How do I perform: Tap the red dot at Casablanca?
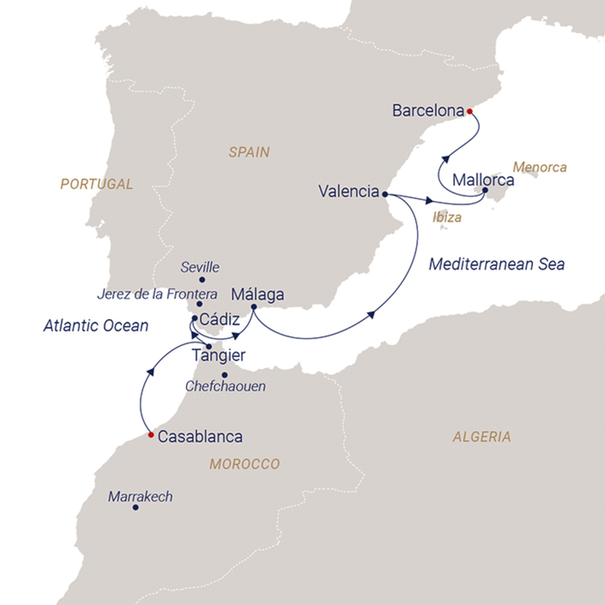pyautogui.click(x=151, y=436)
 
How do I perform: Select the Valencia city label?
pyautogui.click(x=348, y=192)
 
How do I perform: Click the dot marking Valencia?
pyautogui.click(x=385, y=194)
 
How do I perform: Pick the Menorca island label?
pyautogui.click(x=540, y=168)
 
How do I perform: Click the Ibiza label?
pyautogui.click(x=447, y=217)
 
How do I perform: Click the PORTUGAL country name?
pyautogui.click(x=96, y=184)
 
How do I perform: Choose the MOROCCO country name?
pyautogui.click(x=244, y=464)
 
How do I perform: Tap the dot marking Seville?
pyautogui.click(x=199, y=281)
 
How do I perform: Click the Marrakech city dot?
pyautogui.click(x=136, y=507)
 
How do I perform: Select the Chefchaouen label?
pyautogui.click(x=225, y=386)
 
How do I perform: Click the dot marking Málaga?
pyautogui.click(x=253, y=307)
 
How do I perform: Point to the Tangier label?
pyautogui.click(x=219, y=355)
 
